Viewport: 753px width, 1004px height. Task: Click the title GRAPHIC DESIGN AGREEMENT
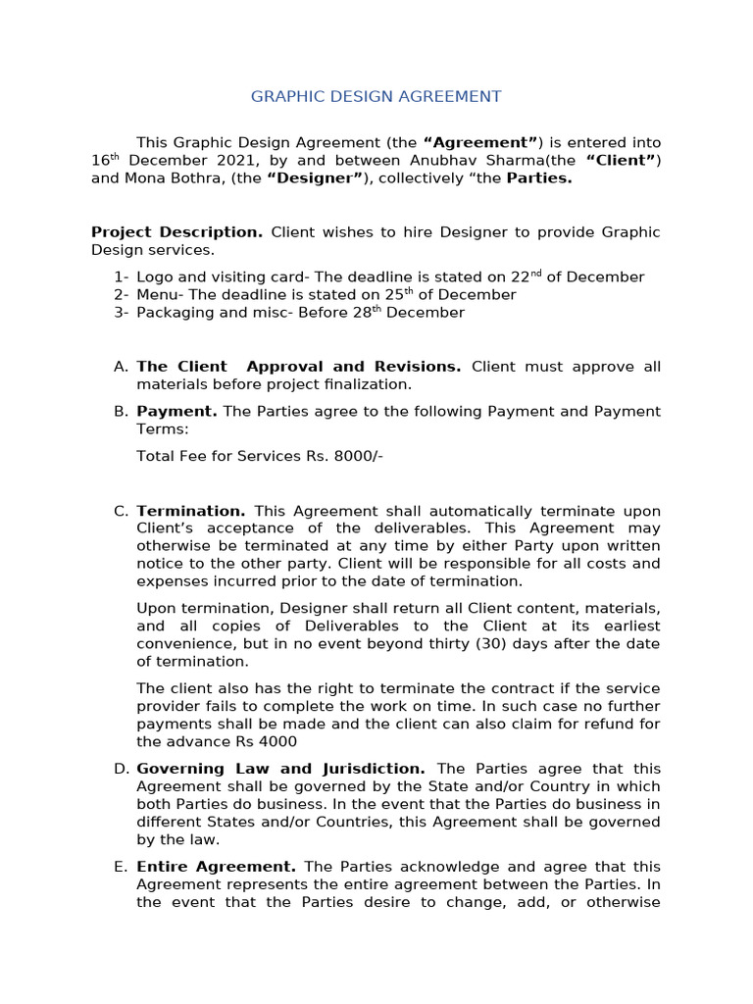point(376,96)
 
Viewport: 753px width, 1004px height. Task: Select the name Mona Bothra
point(155,178)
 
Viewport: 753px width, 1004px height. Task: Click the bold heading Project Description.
point(176,232)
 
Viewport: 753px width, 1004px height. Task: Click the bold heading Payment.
point(176,411)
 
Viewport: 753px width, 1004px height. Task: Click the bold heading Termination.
point(191,511)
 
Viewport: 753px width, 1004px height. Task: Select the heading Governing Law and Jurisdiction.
point(280,769)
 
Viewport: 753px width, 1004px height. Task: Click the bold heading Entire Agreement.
point(216,867)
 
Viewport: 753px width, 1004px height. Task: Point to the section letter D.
point(121,769)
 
